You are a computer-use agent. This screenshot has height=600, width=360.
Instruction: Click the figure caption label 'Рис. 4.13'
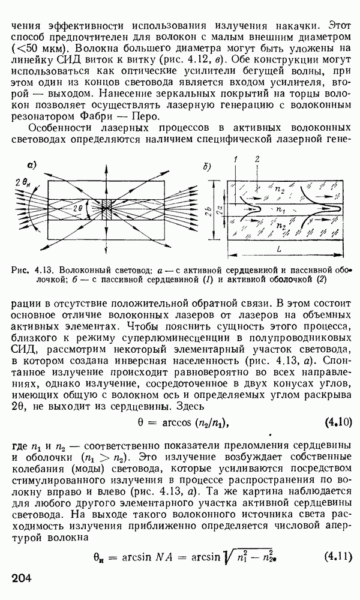pyautogui.click(x=29, y=269)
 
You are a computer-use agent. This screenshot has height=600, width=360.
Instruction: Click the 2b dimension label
pyautogui.click(x=206, y=211)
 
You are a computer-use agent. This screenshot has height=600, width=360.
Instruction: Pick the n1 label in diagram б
pyautogui.click(x=280, y=211)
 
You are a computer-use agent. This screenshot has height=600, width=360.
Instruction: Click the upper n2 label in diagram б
pyautogui.click(x=280, y=188)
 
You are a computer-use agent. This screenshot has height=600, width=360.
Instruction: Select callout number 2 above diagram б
pyautogui.click(x=256, y=160)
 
